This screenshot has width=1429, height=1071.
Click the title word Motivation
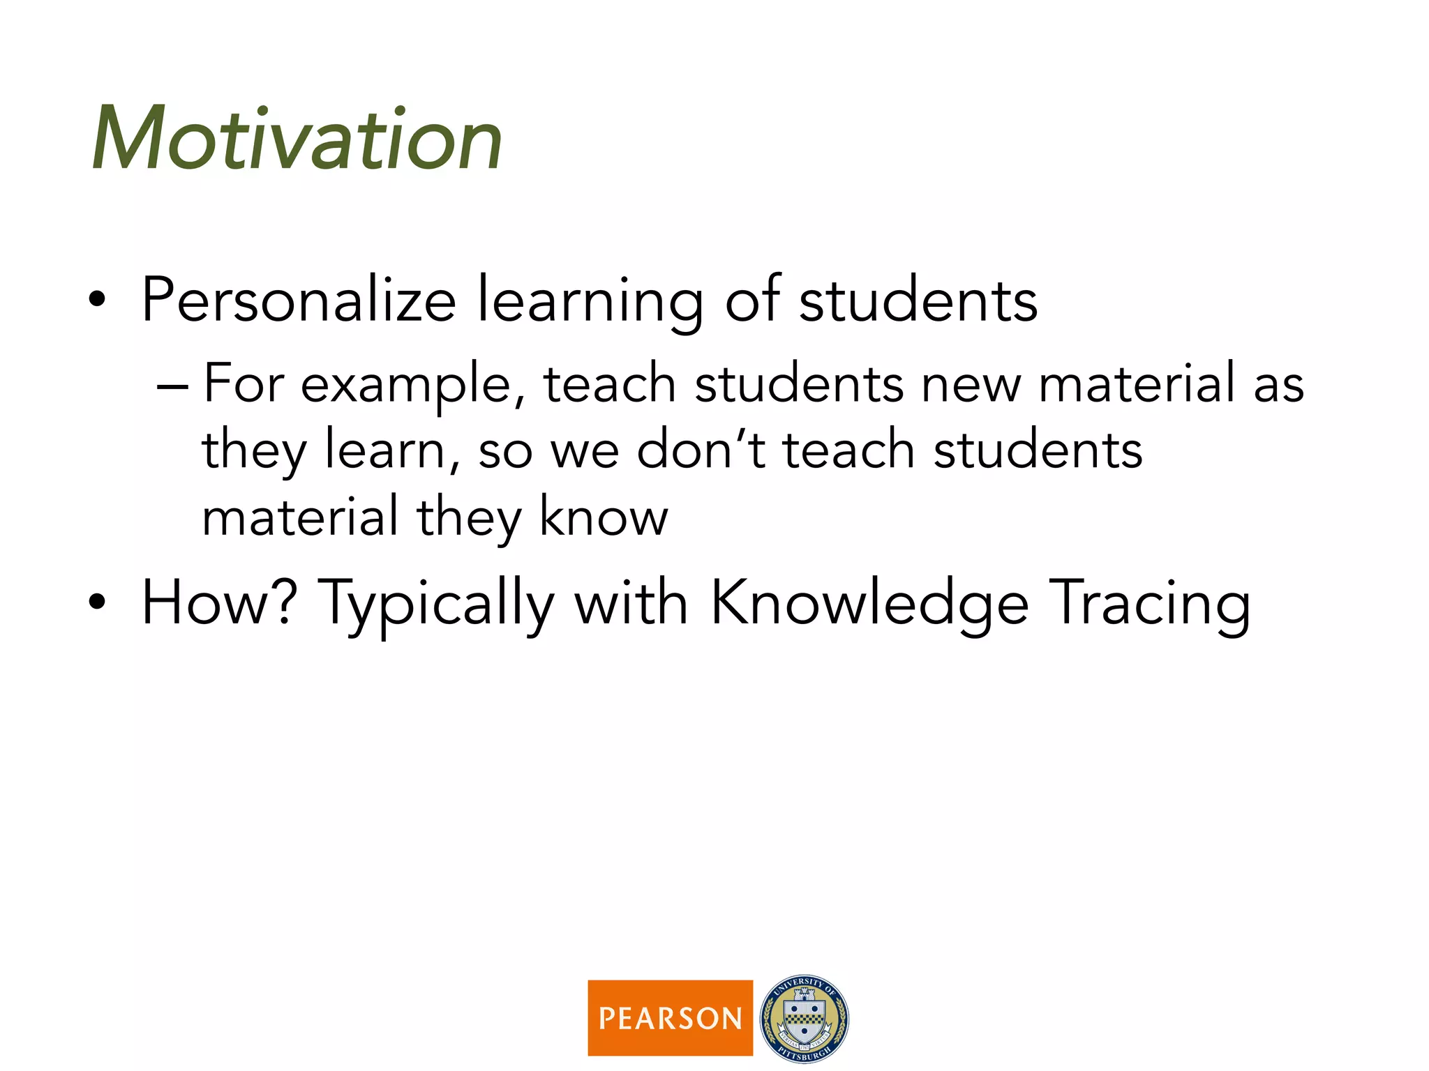tap(297, 139)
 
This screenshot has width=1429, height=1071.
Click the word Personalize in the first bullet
tap(299, 301)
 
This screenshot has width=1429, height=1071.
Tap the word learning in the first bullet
tap(590, 301)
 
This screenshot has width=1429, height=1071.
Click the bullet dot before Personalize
tap(98, 301)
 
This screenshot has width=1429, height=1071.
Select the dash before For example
tap(172, 386)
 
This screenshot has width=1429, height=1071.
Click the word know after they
tap(604, 517)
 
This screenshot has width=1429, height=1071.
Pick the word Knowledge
tap(869, 604)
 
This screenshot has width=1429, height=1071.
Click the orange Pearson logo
tap(670, 1018)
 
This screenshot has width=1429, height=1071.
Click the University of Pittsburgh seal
tap(804, 1018)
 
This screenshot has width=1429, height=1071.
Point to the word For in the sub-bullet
tap(244, 384)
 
